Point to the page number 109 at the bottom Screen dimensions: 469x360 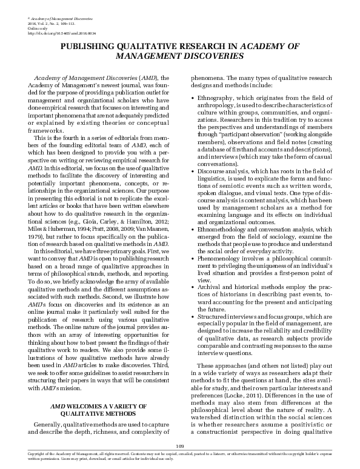[179, 446]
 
